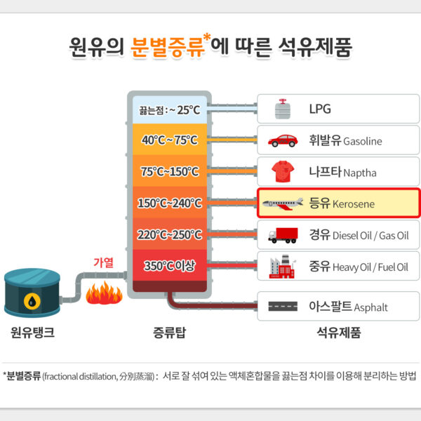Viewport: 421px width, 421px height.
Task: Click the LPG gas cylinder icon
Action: click(282, 109)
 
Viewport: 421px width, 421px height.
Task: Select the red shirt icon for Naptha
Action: click(283, 172)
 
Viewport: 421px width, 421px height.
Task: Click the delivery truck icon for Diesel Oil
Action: click(283, 235)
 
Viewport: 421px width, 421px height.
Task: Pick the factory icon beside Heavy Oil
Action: click(283, 266)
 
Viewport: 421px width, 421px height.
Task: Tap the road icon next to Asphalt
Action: click(283, 307)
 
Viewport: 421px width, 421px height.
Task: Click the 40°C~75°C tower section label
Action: click(170, 140)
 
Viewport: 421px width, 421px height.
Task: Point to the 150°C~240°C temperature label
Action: click(170, 203)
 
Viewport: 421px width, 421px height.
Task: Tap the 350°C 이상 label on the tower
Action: click(170, 266)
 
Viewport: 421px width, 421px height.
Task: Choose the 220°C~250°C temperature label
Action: click(170, 235)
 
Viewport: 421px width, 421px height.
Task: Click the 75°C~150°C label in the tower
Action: click(170, 172)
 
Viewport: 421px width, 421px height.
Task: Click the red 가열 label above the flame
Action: click(103, 262)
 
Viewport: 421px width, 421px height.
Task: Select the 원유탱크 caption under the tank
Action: click(32, 332)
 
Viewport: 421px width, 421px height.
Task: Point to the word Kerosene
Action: click(354, 204)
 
